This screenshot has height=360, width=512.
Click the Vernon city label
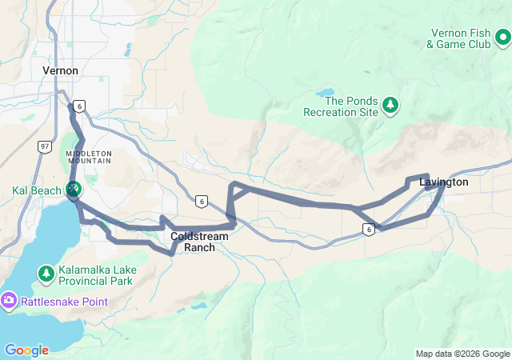[60, 70]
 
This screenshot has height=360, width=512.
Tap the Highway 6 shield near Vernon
[78, 106]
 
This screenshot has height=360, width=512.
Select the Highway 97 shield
[44, 146]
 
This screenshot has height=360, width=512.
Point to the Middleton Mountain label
[89, 158]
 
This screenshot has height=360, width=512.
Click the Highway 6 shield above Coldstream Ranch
[201, 201]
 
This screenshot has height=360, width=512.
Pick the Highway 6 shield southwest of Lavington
[368, 230]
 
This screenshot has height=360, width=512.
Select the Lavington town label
[443, 182]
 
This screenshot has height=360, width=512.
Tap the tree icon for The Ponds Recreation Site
[390, 105]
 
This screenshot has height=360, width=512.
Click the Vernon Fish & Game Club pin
[502, 37]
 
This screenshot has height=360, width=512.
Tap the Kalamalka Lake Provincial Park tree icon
[46, 274]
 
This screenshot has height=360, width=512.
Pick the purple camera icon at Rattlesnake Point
[9, 302]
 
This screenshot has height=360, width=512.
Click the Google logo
[26, 350]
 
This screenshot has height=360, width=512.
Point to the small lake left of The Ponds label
[328, 93]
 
